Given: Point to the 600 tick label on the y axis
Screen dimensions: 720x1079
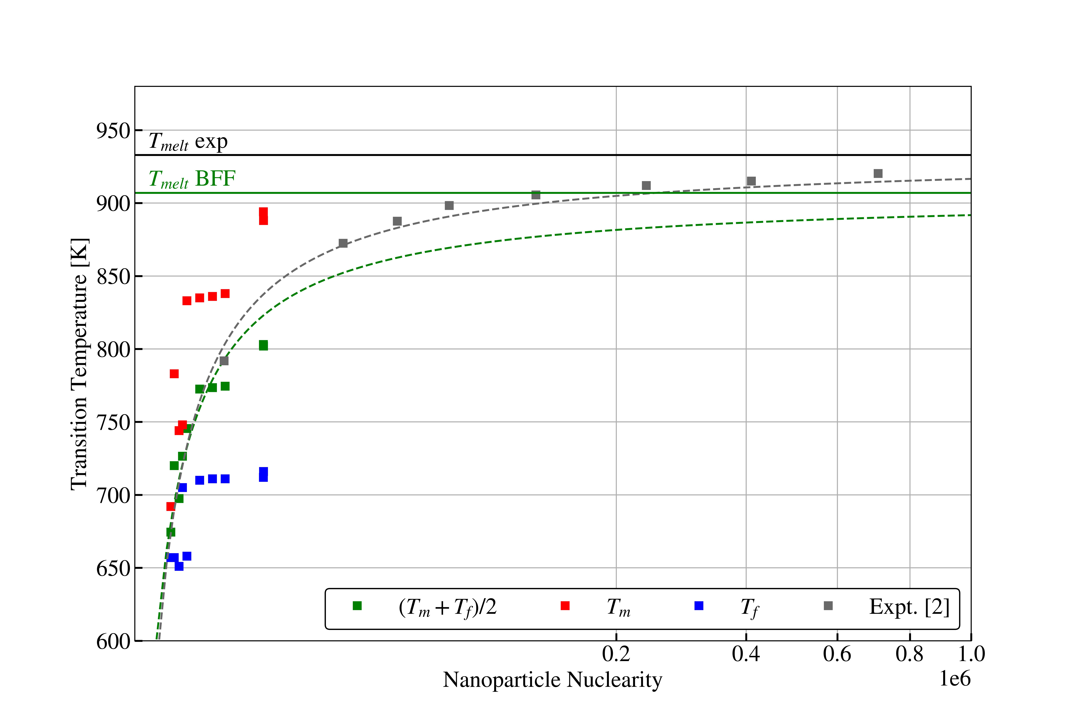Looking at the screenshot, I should pos(113,641).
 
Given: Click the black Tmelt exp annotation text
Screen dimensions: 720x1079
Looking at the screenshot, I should pos(188,141).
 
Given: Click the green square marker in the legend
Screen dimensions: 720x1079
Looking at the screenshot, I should pos(357,606).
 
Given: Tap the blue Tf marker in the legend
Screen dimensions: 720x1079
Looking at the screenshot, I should pos(699,606).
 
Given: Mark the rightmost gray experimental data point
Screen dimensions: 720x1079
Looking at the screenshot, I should pos(878,174).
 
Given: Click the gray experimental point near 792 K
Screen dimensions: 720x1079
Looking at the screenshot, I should pos(224,361).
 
